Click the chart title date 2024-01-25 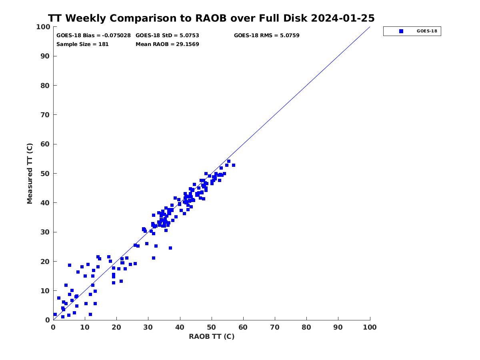point(343,18)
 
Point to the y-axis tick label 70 point(45,115)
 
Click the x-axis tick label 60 point(243,327)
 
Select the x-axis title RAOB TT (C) point(212,336)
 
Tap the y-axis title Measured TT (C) point(30,174)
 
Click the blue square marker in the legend point(401,31)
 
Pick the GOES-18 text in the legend point(427,31)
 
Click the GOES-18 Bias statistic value point(116,36)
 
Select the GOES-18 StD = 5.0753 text point(167,36)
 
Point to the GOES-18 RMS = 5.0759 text point(266,36)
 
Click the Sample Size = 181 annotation point(82,44)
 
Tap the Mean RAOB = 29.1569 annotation point(167,44)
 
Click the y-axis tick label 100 point(43,27)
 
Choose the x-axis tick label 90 point(338,327)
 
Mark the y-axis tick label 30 point(45,232)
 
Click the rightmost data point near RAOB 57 point(234,165)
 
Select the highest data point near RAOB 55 point(229,161)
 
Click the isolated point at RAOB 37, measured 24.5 point(170,248)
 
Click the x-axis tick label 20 point(116,327)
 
